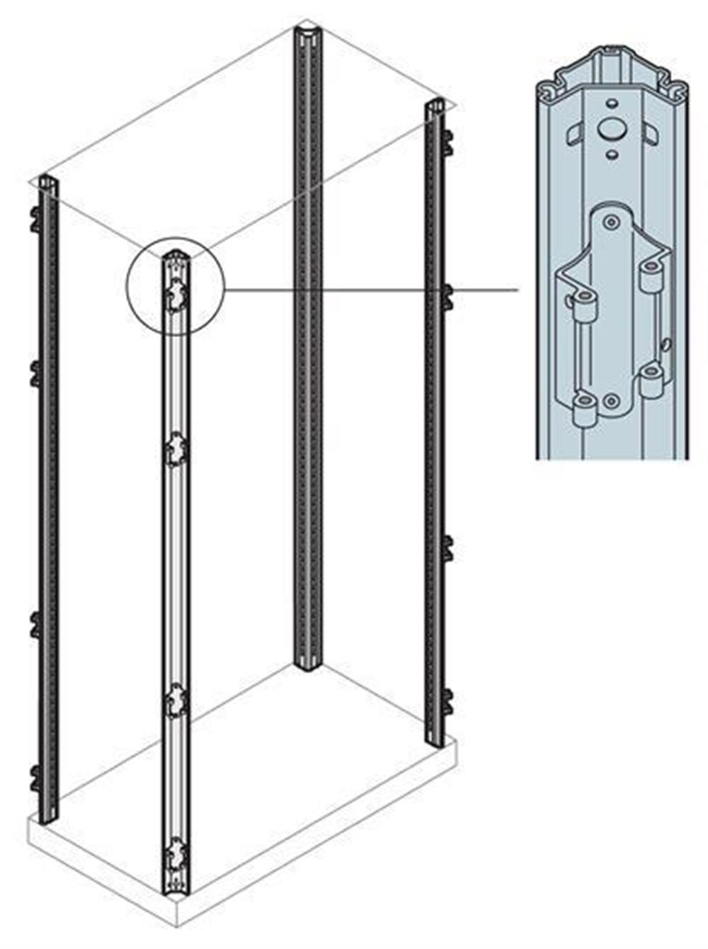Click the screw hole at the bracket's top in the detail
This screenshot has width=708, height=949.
tap(610, 222)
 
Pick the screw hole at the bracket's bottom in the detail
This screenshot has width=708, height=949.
tap(611, 403)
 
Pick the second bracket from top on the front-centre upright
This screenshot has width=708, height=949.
tap(174, 450)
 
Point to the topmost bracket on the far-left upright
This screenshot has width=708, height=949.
tap(35, 217)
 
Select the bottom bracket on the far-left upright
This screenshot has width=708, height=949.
tap(35, 777)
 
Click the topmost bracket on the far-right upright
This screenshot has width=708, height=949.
tap(447, 142)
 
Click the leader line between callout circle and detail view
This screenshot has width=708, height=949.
tap(368, 290)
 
